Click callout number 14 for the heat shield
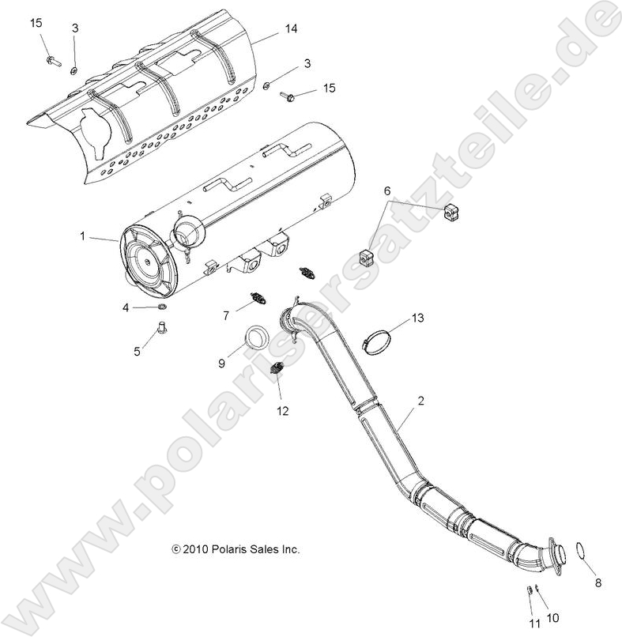(269, 29)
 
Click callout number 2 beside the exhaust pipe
(420, 401)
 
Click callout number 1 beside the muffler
(82, 236)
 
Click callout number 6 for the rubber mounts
(387, 192)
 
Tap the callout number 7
(225, 316)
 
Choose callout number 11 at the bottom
(535, 624)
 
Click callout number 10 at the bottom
(552, 616)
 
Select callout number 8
(597, 583)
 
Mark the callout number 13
(417, 318)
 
